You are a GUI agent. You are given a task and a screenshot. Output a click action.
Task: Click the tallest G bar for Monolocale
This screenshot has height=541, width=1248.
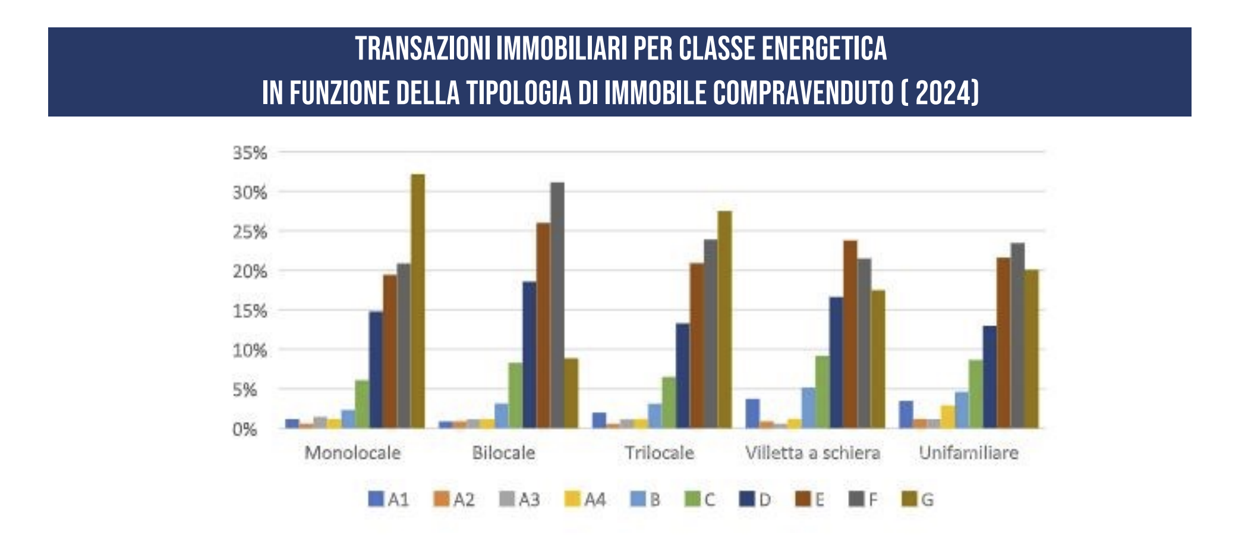pyautogui.click(x=418, y=301)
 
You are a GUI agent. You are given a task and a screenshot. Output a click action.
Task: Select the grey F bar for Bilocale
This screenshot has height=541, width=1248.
pyautogui.click(x=557, y=305)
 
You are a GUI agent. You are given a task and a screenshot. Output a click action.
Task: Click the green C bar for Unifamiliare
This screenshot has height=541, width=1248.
pyautogui.click(x=975, y=394)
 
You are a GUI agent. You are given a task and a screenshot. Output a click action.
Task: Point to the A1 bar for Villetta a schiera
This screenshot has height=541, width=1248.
pyautogui.click(x=752, y=413)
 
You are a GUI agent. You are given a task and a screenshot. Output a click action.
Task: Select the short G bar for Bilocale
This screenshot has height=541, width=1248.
pyautogui.click(x=571, y=392)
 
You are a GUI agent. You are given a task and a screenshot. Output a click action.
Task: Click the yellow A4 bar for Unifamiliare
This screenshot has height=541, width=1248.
pyautogui.click(x=947, y=417)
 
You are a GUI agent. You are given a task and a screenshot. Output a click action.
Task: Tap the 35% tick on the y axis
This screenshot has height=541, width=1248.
pyautogui.click(x=250, y=153)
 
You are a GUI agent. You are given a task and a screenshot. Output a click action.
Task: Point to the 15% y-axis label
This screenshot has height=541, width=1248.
pyautogui.click(x=250, y=311)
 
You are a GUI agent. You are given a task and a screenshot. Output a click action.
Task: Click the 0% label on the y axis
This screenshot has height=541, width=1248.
pyautogui.click(x=244, y=429)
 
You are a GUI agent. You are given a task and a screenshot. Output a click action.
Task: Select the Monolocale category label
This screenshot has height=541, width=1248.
pyautogui.click(x=352, y=453)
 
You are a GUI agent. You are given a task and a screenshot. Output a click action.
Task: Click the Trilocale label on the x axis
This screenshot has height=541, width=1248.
pyautogui.click(x=659, y=453)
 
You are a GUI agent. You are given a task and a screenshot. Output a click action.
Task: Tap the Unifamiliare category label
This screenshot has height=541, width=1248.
pyautogui.click(x=968, y=453)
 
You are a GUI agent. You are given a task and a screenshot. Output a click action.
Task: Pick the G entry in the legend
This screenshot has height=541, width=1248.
pyautogui.click(x=918, y=499)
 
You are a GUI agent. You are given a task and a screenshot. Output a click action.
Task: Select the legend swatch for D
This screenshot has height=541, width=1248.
pyautogui.click(x=746, y=499)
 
